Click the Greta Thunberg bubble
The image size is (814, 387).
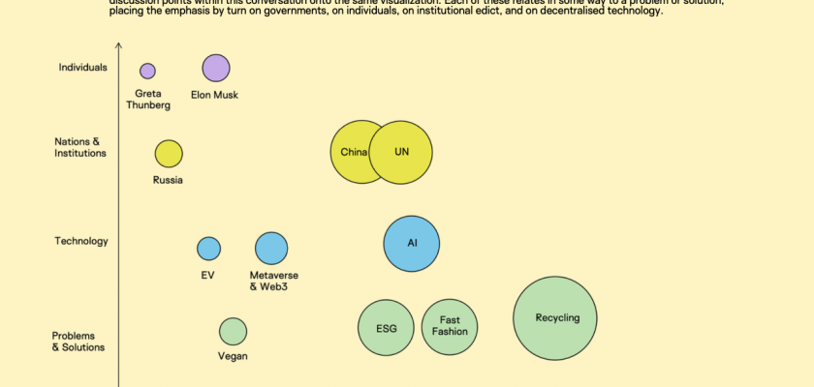click(x=147, y=71)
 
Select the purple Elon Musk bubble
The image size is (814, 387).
click(x=216, y=68)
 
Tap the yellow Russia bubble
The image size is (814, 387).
click(x=169, y=153)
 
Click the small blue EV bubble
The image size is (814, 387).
click(x=208, y=249)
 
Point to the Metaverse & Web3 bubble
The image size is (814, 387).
click(x=271, y=249)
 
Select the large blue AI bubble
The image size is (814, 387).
click(x=412, y=243)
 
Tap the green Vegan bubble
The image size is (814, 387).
click(x=233, y=332)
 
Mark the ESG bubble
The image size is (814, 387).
click(x=387, y=328)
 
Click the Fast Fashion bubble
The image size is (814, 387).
click(x=450, y=326)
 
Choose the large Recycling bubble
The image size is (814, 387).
click(x=555, y=318)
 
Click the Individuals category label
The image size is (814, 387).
click(x=82, y=67)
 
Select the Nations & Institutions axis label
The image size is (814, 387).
click(x=80, y=147)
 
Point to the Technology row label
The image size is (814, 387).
click(x=81, y=241)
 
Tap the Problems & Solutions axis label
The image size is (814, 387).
click(x=78, y=342)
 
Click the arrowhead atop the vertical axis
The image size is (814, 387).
click(x=118, y=45)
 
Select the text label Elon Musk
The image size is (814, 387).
click(x=216, y=95)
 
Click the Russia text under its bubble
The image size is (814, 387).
click(x=168, y=179)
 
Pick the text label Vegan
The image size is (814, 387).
click(x=233, y=356)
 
